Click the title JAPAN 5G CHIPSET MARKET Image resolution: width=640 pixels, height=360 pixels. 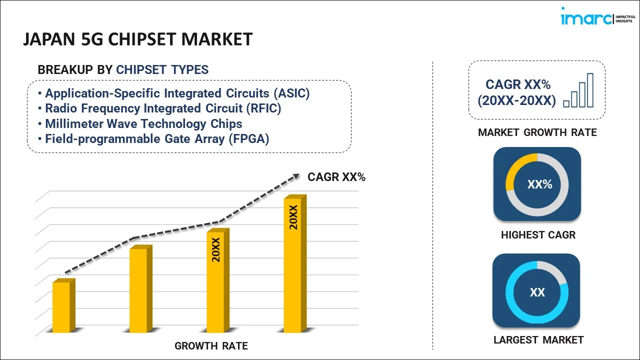point(137,39)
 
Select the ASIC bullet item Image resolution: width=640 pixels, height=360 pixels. point(177,93)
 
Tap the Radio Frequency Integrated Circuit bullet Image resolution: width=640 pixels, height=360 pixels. point(163,108)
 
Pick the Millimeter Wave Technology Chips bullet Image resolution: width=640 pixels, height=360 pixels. point(143,124)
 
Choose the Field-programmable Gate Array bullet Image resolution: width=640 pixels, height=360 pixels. point(157,139)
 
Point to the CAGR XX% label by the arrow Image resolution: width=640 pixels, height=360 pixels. point(336,177)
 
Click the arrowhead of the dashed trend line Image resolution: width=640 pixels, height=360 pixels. point(296,176)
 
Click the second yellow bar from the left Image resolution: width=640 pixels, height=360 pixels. point(138,289)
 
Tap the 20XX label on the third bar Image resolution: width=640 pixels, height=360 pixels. point(216,249)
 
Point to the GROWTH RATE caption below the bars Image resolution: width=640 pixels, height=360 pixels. point(211,346)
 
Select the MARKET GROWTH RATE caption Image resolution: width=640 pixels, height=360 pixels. point(537,132)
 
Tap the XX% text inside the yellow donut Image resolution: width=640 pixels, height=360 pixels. point(539,184)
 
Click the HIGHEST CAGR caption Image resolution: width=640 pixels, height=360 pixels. point(538,235)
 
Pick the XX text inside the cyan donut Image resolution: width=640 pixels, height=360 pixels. point(537,292)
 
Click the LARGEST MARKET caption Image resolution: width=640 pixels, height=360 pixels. point(538,340)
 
